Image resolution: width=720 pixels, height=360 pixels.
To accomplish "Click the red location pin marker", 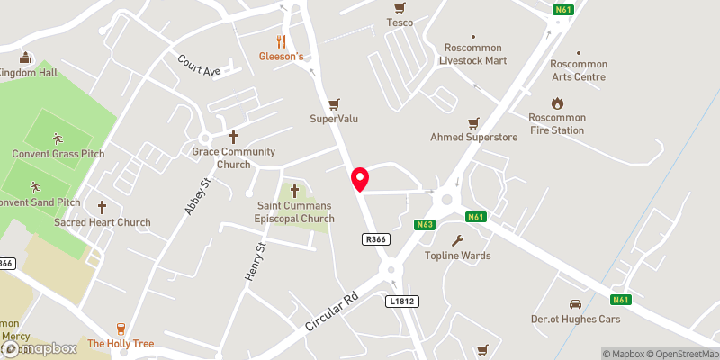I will [x=360, y=179].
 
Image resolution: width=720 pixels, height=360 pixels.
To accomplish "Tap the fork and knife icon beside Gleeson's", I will [x=281, y=41].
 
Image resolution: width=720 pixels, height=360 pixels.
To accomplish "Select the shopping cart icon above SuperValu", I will [x=335, y=104].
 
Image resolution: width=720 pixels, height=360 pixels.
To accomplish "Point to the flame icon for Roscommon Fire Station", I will [x=557, y=103].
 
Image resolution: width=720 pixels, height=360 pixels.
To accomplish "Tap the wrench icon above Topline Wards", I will [x=457, y=240].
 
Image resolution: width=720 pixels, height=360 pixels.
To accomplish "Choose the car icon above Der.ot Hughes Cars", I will [x=574, y=304].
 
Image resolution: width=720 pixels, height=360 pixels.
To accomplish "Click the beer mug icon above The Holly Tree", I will [x=121, y=329].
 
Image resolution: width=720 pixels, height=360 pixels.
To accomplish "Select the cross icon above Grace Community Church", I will [x=233, y=137].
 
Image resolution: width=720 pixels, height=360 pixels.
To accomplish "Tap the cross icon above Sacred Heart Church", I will [x=102, y=207].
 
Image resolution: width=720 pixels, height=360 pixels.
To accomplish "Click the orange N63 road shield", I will [x=426, y=224].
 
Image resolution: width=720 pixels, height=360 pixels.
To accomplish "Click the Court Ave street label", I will [x=199, y=65].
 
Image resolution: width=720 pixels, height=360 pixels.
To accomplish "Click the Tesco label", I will [x=400, y=22].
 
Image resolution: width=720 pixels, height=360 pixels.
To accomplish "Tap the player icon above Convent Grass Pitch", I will [x=58, y=139].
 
